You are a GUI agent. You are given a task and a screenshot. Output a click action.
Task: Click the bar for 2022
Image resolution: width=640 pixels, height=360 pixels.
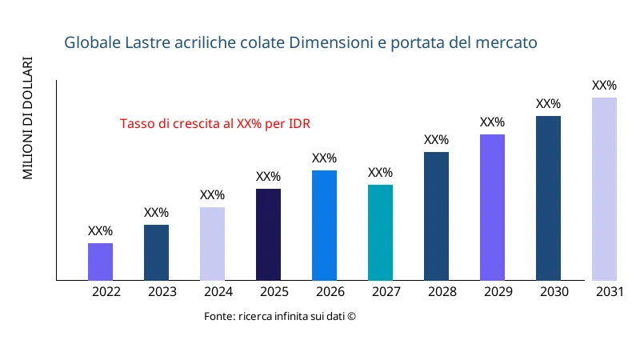click(x=100, y=262)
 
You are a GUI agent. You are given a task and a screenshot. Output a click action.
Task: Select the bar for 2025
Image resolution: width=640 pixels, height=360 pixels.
click(x=268, y=234)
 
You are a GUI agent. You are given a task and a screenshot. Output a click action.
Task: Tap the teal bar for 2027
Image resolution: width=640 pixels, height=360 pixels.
click(x=380, y=232)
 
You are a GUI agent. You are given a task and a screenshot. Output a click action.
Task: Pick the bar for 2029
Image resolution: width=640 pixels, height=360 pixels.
click(x=492, y=207)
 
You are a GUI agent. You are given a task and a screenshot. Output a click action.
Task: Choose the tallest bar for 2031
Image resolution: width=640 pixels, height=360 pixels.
click(x=604, y=189)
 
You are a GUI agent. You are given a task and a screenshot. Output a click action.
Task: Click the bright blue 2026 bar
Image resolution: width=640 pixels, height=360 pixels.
click(x=324, y=225)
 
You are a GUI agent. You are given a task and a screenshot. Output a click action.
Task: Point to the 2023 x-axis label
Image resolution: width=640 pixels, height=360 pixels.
click(x=162, y=292)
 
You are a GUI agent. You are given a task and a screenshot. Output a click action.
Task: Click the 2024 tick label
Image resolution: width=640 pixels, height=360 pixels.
click(x=218, y=292)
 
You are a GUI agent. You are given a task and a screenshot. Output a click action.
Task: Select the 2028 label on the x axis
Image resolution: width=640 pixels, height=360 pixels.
click(x=442, y=292)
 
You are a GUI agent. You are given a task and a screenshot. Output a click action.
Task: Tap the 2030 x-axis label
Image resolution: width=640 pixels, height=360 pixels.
click(x=554, y=292)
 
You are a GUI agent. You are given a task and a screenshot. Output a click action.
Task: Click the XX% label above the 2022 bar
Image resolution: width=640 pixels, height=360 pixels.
click(x=100, y=231)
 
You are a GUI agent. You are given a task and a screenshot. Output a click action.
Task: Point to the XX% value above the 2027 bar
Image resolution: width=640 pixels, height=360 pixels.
click(x=380, y=173)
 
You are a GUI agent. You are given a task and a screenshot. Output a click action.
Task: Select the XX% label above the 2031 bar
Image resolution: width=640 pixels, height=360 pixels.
click(x=604, y=86)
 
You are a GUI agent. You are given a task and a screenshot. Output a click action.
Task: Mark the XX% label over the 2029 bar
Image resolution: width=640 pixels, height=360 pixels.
click(x=492, y=122)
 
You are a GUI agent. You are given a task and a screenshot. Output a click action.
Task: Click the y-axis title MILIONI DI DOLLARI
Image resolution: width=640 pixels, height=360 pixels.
click(x=28, y=118)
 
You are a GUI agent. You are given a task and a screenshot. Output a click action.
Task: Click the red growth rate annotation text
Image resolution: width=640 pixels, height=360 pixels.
click(x=215, y=124)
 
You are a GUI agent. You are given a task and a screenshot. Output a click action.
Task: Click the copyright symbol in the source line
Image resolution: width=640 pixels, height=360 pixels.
click(x=350, y=317)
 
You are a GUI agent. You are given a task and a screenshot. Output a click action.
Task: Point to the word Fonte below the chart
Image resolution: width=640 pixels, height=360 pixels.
click(x=218, y=317)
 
